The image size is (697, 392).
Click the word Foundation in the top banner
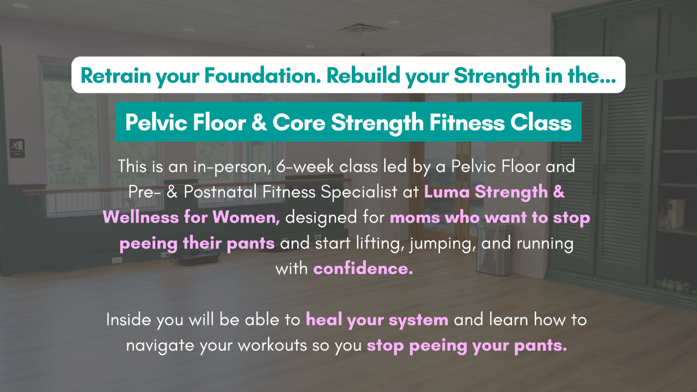coord(262,76)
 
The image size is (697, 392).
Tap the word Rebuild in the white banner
coord(363,76)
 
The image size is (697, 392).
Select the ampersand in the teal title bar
coord(259,122)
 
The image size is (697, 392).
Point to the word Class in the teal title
coord(541,122)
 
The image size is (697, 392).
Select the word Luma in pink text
coord(447,192)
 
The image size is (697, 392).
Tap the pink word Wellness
coord(140,217)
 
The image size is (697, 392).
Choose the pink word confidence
coord(363,268)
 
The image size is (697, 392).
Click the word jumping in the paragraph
coord(443,243)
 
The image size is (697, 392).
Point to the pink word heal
coord(323,320)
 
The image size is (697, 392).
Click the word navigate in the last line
coord(160,346)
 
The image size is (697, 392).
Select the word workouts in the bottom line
coord(272,345)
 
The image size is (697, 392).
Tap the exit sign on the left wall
coord(17,148)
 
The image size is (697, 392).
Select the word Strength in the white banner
coord(497,76)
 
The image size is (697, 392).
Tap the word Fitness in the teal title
coord(467,122)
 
